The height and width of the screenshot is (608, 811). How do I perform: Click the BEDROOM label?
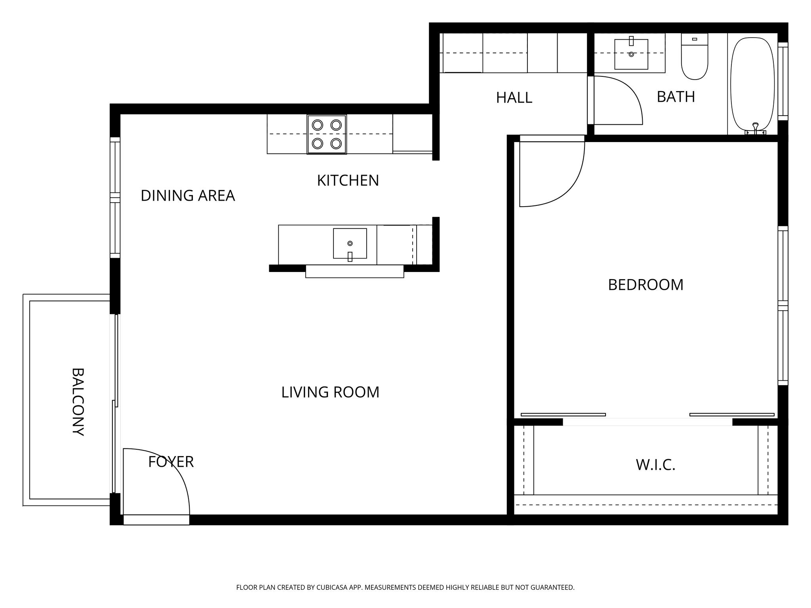pos(645,285)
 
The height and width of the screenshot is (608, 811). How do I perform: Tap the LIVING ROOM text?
pos(330,392)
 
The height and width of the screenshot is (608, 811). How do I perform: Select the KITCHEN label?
pos(348,180)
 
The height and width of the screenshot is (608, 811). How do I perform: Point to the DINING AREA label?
pos(188,196)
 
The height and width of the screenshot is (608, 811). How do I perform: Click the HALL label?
pos(514,98)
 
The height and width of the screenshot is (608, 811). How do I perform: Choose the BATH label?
pos(676,97)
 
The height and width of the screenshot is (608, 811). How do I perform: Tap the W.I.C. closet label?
pos(655,465)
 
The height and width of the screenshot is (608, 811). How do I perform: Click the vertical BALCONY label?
pos(78,402)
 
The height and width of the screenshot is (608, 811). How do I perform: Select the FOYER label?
pos(171,462)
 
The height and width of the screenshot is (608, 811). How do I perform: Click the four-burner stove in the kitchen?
pos(327,134)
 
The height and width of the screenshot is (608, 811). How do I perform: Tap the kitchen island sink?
pos(350,243)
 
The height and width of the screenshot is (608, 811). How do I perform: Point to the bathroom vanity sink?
pos(631,54)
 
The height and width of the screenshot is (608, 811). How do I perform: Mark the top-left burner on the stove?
pos(317,125)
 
